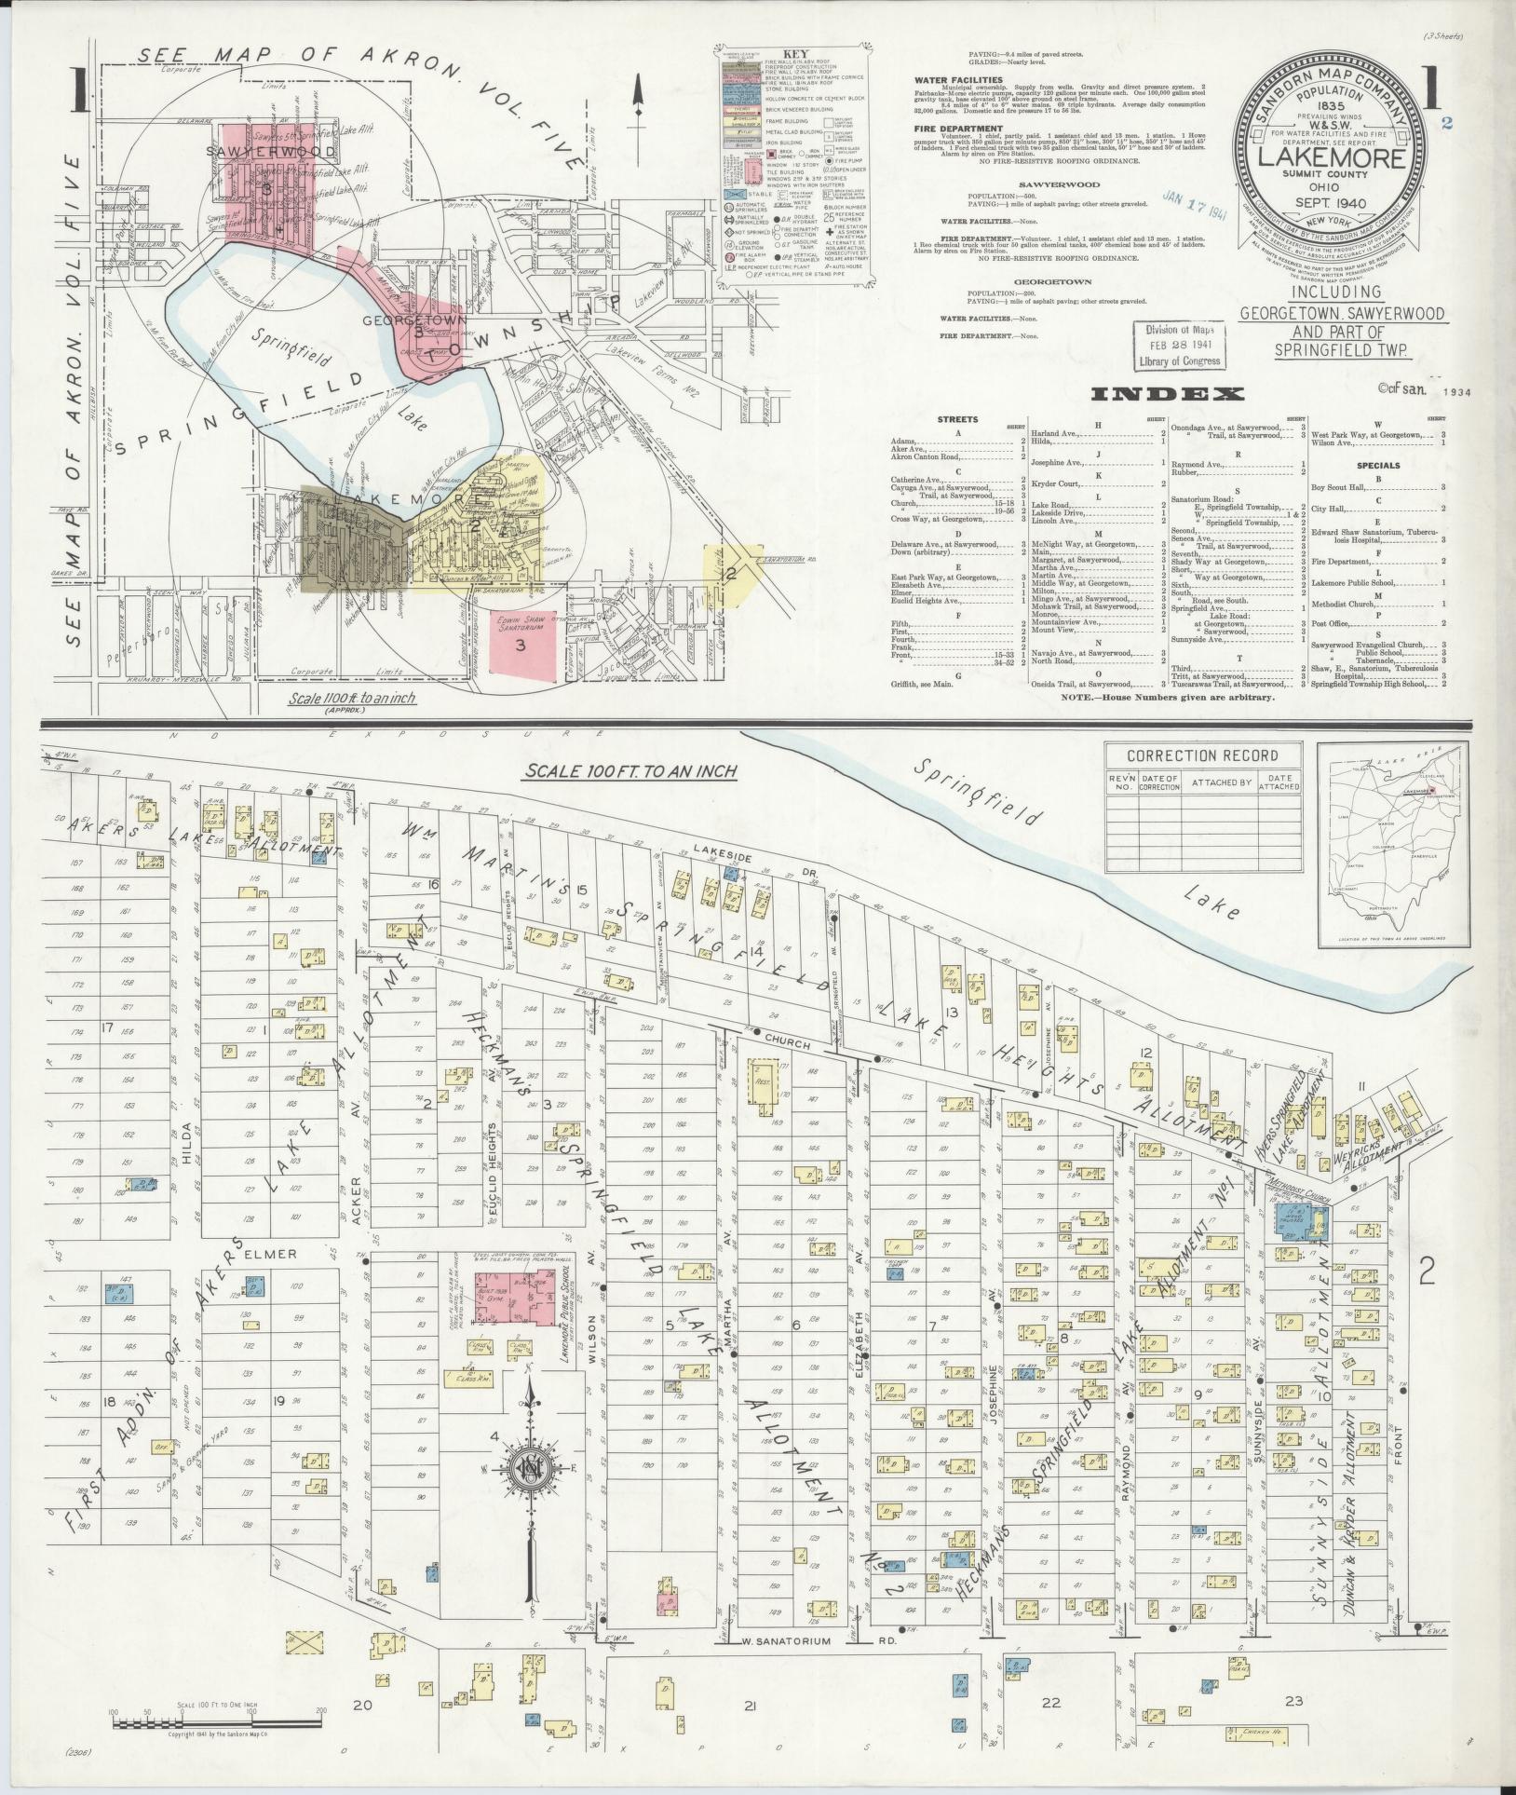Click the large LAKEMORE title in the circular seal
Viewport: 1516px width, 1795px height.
(x=1332, y=156)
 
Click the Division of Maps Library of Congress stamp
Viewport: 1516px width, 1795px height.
(x=1178, y=347)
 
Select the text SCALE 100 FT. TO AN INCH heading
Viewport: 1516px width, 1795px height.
(x=630, y=771)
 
